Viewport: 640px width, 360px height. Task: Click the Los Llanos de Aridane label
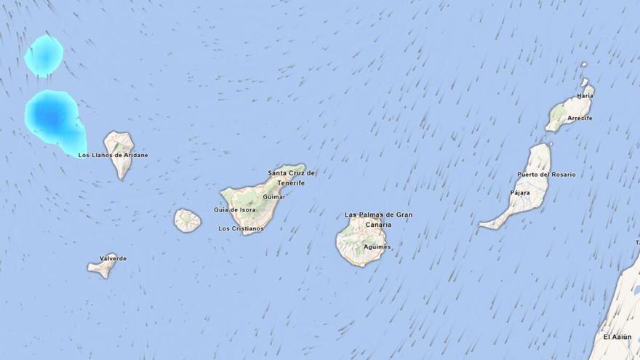[x=113, y=155]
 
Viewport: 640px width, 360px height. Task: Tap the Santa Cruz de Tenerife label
[x=292, y=177]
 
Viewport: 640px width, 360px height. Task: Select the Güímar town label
[x=273, y=196]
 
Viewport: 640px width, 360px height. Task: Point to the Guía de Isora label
[x=234, y=209]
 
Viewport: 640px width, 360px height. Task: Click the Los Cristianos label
[x=241, y=228]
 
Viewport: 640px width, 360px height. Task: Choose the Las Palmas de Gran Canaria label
[x=378, y=219]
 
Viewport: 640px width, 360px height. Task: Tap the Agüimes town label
[x=376, y=247]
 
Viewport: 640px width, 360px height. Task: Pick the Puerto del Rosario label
[x=545, y=175]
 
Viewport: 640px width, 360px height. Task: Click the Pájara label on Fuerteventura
[x=520, y=193]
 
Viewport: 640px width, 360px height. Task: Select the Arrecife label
[x=580, y=118]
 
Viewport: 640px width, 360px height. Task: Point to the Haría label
[x=585, y=95]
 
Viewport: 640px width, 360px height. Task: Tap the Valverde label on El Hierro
[x=113, y=258]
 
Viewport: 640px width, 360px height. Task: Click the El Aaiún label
[x=617, y=337]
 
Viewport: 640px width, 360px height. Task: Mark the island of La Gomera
[x=188, y=220]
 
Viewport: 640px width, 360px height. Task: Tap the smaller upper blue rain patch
[x=44, y=55]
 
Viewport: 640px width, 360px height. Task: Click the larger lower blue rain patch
[x=52, y=116]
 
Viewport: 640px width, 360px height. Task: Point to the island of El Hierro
[x=102, y=268]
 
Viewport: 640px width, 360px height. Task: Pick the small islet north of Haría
[x=584, y=64]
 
